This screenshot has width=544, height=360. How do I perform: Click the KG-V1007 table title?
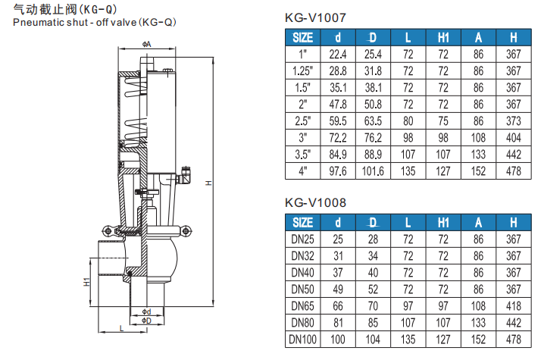click(x=319, y=17)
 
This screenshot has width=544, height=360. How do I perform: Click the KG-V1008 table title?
click(x=319, y=202)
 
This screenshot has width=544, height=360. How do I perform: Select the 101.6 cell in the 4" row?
click(x=372, y=171)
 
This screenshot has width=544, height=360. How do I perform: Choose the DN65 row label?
click(x=302, y=306)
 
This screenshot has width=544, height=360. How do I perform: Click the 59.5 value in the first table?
click(x=338, y=121)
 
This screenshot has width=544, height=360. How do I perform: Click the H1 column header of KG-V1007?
click(x=442, y=38)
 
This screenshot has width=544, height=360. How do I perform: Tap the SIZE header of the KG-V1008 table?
click(x=302, y=223)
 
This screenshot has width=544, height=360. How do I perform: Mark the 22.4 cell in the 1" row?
click(x=338, y=55)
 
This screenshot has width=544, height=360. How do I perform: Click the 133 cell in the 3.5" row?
click(x=478, y=154)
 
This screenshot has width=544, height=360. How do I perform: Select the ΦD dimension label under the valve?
click(x=146, y=321)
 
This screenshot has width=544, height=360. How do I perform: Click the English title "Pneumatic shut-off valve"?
click(x=95, y=22)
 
